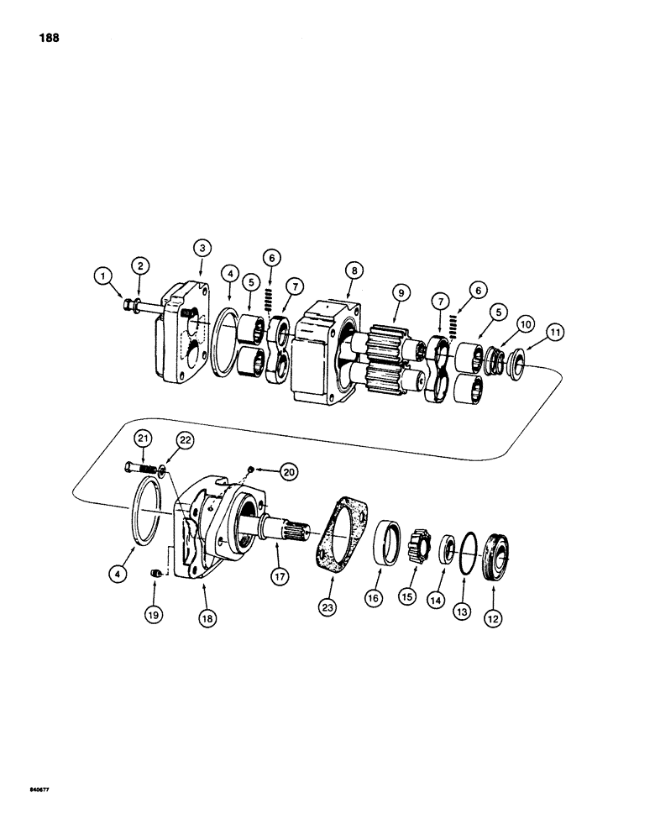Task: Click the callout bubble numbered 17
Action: (279, 577)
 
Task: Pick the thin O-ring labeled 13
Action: (466, 555)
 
